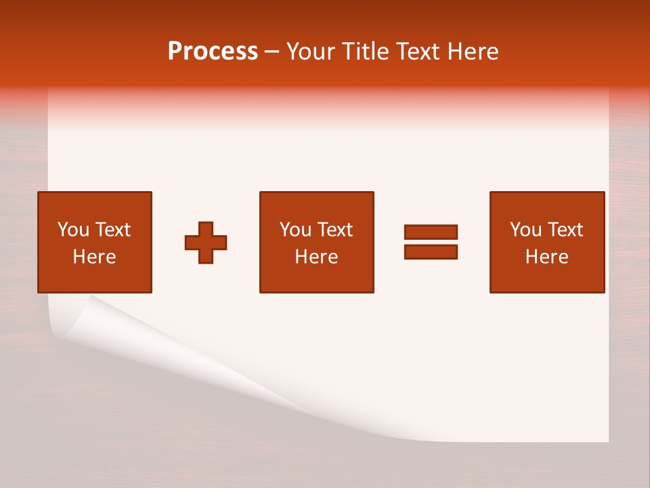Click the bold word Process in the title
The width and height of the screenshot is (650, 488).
[x=213, y=52]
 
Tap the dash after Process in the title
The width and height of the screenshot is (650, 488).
[x=272, y=52]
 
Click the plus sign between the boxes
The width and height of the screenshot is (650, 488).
[x=206, y=243]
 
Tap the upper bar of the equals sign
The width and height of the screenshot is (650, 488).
[x=431, y=232]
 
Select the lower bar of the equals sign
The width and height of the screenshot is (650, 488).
[x=431, y=251]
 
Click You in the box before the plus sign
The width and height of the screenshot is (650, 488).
[x=73, y=230]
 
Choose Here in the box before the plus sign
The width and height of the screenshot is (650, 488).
[x=94, y=257]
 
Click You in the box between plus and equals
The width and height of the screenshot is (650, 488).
[x=295, y=230]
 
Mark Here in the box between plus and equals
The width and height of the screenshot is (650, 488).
[x=316, y=257]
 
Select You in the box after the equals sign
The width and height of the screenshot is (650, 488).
[x=525, y=230]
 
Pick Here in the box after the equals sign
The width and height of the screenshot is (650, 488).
[x=546, y=257]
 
